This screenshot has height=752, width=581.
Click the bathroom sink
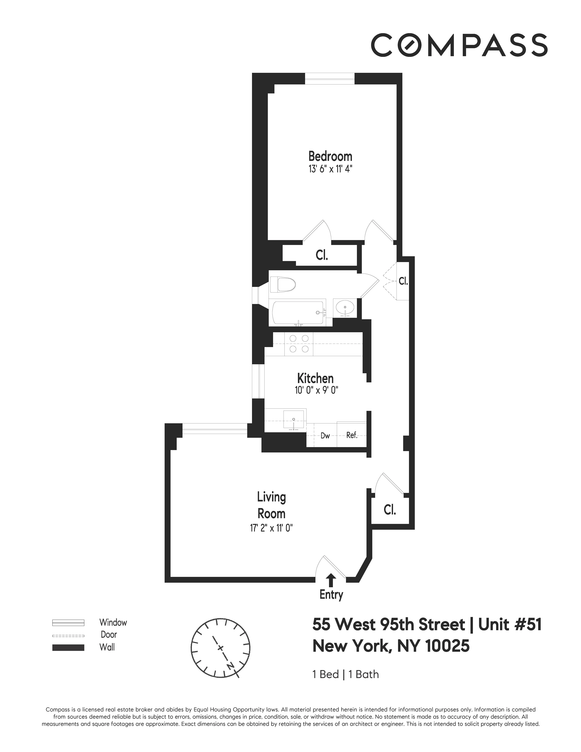point(344,308)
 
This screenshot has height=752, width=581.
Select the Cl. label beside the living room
point(390,510)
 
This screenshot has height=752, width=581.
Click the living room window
point(214,428)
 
